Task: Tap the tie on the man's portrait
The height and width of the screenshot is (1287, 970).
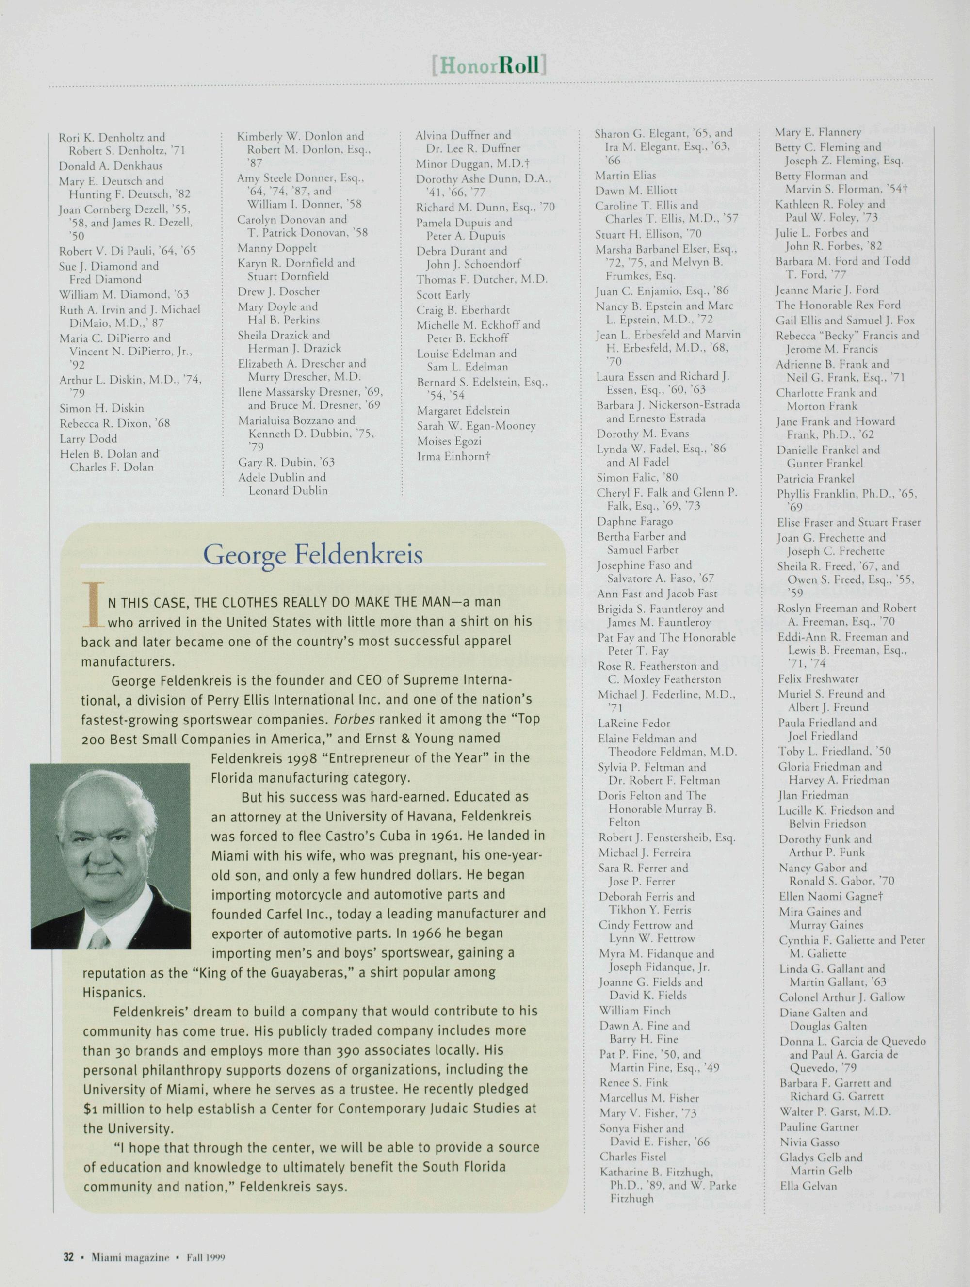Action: coord(98,937)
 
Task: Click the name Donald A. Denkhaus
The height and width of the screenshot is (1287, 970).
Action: coord(111,166)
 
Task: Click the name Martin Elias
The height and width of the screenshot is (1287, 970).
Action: coord(625,175)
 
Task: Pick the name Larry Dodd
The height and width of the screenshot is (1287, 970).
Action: coord(88,439)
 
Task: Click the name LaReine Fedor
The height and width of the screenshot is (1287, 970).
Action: coord(634,723)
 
